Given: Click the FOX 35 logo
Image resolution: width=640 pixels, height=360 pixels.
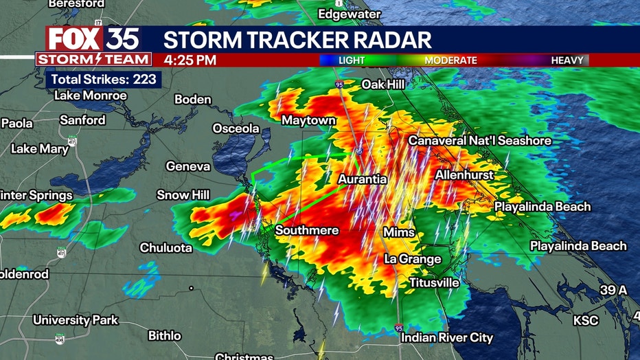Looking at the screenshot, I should [93, 38].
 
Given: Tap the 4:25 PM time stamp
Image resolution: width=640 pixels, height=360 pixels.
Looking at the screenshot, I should [190, 60].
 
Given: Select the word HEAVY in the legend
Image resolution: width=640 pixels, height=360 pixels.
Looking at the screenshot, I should [567, 60].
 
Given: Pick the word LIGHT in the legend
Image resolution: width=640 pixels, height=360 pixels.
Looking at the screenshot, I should [352, 60].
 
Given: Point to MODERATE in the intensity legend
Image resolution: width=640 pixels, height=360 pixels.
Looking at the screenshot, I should [450, 60].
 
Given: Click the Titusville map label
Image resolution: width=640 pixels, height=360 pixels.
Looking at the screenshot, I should [434, 282].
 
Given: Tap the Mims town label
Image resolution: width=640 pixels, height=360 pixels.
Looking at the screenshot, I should [398, 232].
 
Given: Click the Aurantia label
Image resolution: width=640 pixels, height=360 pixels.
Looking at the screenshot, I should [362, 179].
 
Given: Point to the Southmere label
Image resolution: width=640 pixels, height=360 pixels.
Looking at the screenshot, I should [307, 230].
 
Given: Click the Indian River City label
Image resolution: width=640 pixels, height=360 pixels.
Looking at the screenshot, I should [447, 337].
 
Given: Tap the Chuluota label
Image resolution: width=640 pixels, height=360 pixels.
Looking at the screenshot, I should [165, 248].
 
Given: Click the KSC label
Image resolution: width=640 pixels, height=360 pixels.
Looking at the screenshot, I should [586, 321].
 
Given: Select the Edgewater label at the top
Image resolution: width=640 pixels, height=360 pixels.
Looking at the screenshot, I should [349, 14].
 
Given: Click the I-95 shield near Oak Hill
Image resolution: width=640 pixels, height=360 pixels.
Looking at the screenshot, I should [339, 84].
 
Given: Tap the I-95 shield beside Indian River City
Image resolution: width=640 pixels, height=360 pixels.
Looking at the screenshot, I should [400, 328].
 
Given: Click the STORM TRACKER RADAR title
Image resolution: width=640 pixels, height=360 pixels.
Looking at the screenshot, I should [297, 39].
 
